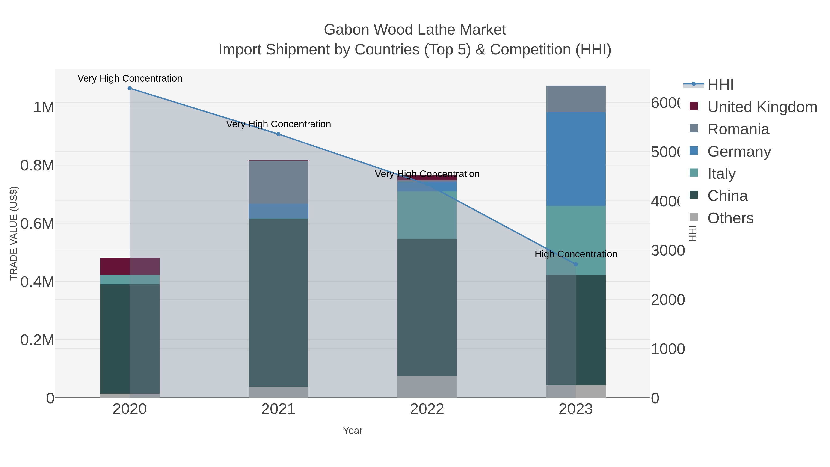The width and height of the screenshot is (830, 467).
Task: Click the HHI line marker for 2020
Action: tap(130, 88)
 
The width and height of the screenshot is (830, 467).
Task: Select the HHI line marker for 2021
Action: tap(278, 134)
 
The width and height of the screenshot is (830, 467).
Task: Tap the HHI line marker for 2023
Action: tap(576, 264)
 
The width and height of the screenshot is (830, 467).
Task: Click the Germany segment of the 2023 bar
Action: tap(576, 159)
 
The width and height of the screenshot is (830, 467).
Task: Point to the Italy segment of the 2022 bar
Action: tap(427, 215)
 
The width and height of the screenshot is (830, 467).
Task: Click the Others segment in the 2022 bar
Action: tap(427, 387)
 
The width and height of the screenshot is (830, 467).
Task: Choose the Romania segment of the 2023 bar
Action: tap(576, 99)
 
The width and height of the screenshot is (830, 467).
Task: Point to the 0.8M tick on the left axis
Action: tap(37, 165)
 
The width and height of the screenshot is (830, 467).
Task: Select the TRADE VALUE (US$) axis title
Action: tap(14, 233)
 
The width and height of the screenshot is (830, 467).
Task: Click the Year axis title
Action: tap(353, 431)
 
